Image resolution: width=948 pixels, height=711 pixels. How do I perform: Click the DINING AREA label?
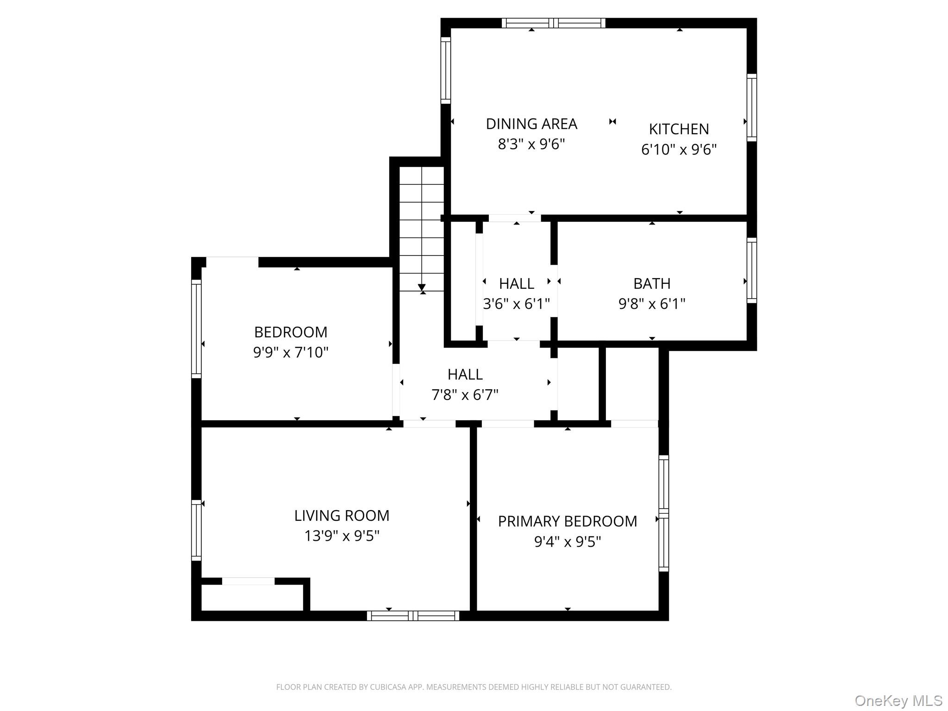click(x=531, y=124)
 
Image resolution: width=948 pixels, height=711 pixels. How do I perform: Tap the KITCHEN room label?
click(x=679, y=129)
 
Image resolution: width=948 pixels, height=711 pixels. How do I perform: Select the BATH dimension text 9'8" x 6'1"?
click(x=652, y=304)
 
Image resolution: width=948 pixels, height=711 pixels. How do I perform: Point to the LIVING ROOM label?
click(x=342, y=516)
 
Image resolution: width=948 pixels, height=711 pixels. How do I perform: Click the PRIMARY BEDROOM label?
click(x=567, y=522)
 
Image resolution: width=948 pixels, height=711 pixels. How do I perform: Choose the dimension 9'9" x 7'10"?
click(x=291, y=353)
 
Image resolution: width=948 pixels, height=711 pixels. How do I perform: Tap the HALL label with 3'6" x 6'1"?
click(x=516, y=283)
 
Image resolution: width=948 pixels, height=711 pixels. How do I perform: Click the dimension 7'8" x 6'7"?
click(x=465, y=395)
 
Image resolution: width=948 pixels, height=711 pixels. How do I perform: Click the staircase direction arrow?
click(x=422, y=287)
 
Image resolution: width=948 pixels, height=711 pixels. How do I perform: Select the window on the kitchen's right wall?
click(x=752, y=107)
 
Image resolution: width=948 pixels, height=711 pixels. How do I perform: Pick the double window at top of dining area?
click(x=554, y=23)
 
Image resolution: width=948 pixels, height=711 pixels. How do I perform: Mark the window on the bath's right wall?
click(x=752, y=271)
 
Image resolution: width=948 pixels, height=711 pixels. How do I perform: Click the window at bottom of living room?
click(x=413, y=616)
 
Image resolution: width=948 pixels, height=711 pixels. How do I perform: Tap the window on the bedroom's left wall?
click(x=196, y=329)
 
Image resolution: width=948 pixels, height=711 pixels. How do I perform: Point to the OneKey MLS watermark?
click(x=898, y=701)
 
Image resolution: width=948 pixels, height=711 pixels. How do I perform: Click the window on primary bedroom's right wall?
click(x=664, y=513)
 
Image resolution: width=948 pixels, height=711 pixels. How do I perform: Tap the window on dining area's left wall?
click(x=445, y=70)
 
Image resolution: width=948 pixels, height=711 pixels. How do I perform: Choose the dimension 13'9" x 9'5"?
click(x=342, y=536)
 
